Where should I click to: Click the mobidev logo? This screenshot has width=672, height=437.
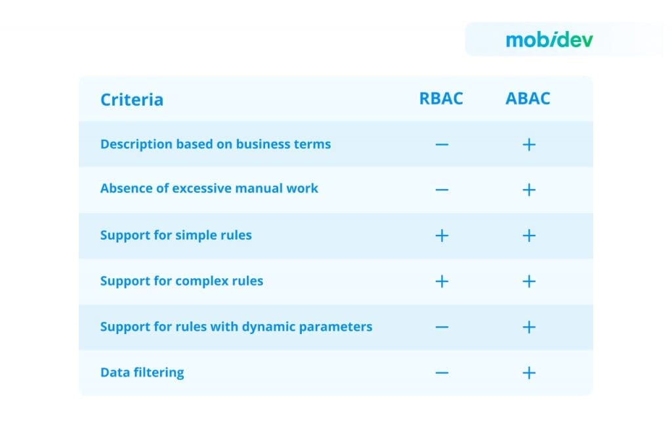pos(549,39)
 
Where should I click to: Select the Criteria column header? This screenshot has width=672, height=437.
pos(132,100)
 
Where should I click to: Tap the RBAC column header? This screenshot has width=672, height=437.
pos(441,98)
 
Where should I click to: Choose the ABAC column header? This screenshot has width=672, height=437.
pos(528,98)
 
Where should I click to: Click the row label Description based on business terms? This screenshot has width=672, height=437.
pos(215,144)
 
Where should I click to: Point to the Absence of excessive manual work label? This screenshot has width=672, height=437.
pos(209,188)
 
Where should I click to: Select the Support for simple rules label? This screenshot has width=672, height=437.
pos(176,235)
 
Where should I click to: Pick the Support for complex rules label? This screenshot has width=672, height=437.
pos(181,281)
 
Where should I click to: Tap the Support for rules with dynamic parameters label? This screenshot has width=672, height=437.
pos(236,326)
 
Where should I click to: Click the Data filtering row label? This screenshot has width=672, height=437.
pos(142,372)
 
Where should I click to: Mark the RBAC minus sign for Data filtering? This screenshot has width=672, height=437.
pos(442,373)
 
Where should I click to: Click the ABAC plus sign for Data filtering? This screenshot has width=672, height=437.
pos(529,373)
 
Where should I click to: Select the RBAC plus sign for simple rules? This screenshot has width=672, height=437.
pos(442,236)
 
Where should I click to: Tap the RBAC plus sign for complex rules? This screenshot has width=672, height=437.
pos(442,281)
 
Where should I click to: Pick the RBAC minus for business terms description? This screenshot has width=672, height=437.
pos(442,144)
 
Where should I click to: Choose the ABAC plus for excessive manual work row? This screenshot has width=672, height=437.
pos(529,190)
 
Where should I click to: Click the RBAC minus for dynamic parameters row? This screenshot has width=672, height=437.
pos(442,327)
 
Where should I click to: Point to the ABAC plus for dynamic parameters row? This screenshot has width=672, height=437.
pos(529,327)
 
